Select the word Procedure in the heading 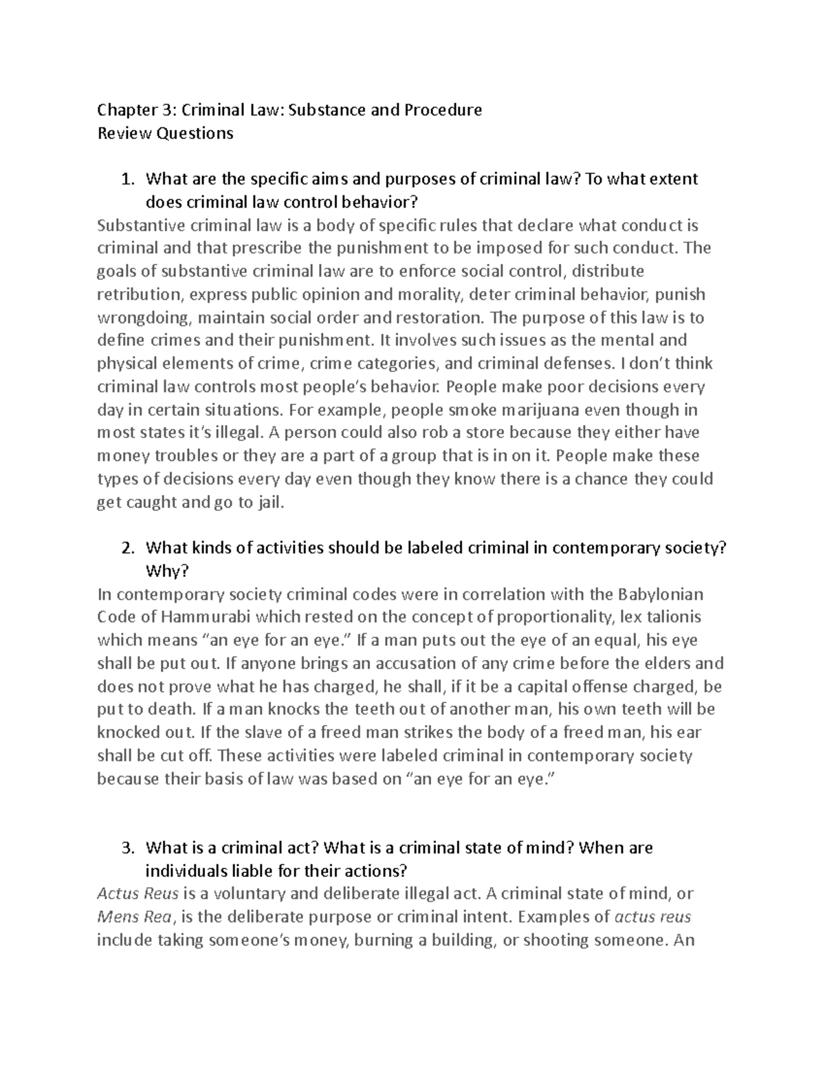click(443, 110)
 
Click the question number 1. click(126, 179)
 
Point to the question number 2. click(126, 548)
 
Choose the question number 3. click(126, 848)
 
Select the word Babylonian click(661, 593)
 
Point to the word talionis click(670, 617)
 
